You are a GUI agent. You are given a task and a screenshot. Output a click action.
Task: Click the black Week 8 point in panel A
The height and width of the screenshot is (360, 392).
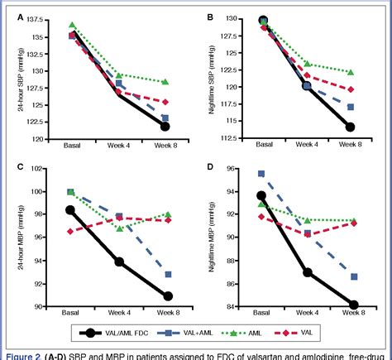165,127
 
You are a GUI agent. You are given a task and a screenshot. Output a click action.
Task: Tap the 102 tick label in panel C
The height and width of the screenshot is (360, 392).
49,169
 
